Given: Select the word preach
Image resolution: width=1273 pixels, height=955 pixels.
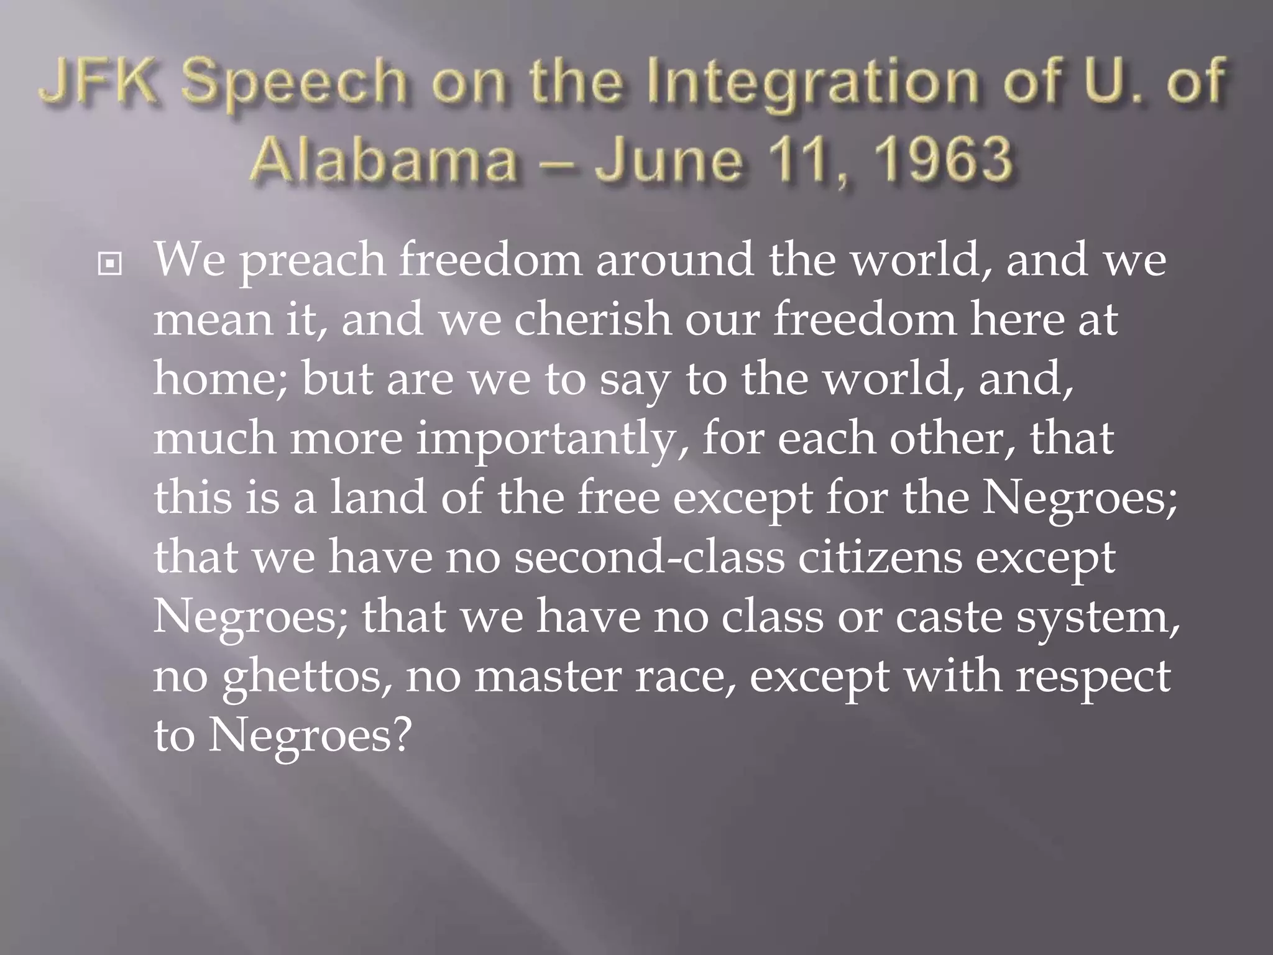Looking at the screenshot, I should pos(312,261).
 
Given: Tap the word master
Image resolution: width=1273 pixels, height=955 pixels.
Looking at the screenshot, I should pos(548,677).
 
